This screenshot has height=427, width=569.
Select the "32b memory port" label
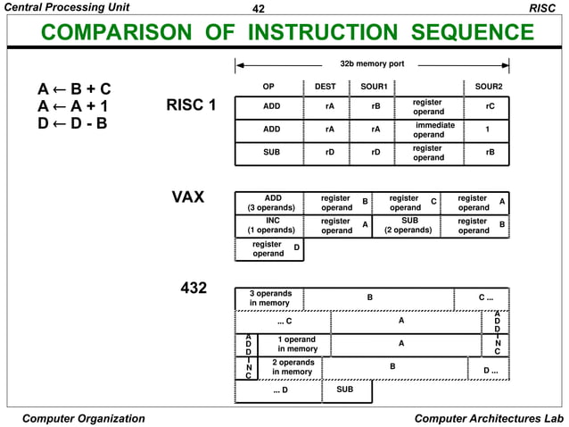pyautogui.click(x=372, y=64)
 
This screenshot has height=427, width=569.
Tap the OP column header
pyautogui.click(x=268, y=87)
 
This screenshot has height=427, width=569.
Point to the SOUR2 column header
pyautogui.click(x=489, y=87)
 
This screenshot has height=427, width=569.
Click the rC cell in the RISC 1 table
pyautogui.click(x=489, y=107)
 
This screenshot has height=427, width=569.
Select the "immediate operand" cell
pyautogui.click(x=434, y=130)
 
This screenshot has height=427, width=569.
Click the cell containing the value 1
pyautogui.click(x=488, y=130)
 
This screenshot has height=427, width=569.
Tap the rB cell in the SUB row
pyautogui.click(x=489, y=153)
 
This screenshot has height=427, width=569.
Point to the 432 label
pyautogui.click(x=194, y=289)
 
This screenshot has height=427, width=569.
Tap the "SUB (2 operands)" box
pyautogui.click(x=408, y=224)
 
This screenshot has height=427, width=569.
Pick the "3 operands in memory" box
pyautogui.click(x=270, y=298)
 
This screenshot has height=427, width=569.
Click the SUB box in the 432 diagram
pyautogui.click(x=344, y=390)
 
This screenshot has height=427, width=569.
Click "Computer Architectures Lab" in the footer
pyautogui.click(x=490, y=418)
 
